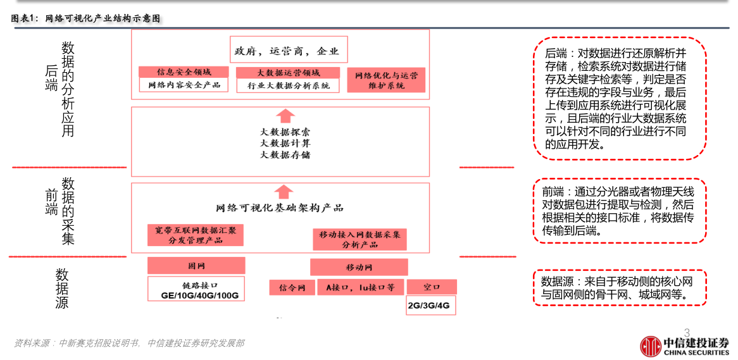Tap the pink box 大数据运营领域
(x=288, y=72)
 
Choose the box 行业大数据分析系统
(x=288, y=85)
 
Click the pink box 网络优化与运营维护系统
(x=385, y=80)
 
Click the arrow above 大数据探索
(x=286, y=116)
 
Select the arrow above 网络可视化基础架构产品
(x=286, y=192)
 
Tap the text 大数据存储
(x=285, y=155)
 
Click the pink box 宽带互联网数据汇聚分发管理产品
(x=195, y=235)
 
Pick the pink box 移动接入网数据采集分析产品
(x=360, y=239)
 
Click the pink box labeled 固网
(x=196, y=266)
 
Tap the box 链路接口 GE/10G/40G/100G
(x=196, y=289)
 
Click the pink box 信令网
(x=292, y=288)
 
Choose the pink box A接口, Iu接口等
(x=360, y=287)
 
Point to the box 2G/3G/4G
(x=431, y=305)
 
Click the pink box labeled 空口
(x=431, y=287)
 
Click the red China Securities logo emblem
(x=650, y=345)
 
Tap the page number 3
(x=687, y=332)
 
